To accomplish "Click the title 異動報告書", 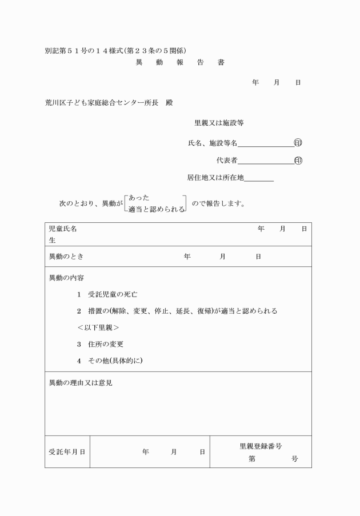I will (x=179, y=62).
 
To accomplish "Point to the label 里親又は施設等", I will (x=219, y=123).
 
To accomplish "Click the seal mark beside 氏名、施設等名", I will (x=298, y=143).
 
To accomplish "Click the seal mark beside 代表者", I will (x=298, y=161).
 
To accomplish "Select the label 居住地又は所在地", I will (x=215, y=178).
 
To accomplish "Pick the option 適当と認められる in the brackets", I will (x=157, y=210).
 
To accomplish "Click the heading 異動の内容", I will (x=66, y=278).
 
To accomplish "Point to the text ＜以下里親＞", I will (x=98, y=328).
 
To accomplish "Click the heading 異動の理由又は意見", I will (x=81, y=383).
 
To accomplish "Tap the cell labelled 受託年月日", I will (x=67, y=452).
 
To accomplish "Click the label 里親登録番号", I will (x=261, y=446).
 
